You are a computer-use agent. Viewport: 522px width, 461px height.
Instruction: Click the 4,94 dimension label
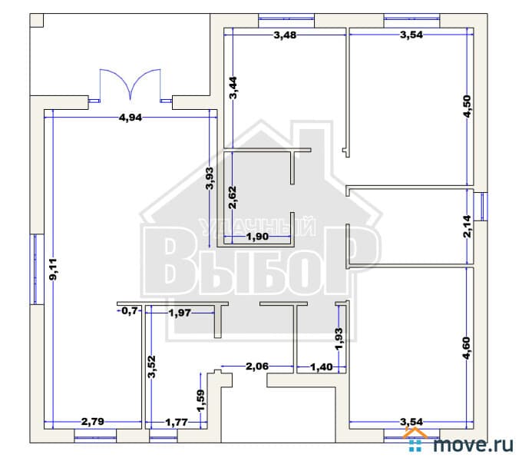(130, 118)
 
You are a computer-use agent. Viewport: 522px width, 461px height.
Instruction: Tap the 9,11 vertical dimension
(53, 269)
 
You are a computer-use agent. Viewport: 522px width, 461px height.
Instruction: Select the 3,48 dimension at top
(285, 35)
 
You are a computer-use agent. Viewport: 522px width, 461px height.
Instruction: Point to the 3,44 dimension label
(233, 88)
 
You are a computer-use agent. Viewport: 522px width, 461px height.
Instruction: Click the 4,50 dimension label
(467, 106)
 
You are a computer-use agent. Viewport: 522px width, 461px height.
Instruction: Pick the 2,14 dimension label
(467, 226)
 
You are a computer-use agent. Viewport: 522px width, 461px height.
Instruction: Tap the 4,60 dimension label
(467, 348)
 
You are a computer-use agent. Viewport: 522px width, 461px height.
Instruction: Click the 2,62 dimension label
(233, 197)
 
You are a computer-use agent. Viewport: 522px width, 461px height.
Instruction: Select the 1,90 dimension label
(257, 237)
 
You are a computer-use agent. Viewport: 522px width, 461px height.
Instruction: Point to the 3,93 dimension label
(210, 178)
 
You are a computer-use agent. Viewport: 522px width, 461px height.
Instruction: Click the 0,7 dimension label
(130, 310)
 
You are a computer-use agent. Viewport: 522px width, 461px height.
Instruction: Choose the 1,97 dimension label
(180, 313)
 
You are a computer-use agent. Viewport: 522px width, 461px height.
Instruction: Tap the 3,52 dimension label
(151, 366)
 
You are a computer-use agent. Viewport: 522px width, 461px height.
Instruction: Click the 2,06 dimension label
(257, 366)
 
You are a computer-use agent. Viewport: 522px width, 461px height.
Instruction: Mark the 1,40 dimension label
(321, 367)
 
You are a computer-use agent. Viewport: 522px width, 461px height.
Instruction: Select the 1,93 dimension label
(339, 339)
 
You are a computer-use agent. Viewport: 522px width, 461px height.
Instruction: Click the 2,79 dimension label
(93, 422)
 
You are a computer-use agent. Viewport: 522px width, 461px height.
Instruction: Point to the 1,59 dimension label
(201, 401)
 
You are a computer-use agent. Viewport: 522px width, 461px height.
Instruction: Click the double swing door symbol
(130, 85)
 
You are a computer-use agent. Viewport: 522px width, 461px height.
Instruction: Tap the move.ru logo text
(473, 445)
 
